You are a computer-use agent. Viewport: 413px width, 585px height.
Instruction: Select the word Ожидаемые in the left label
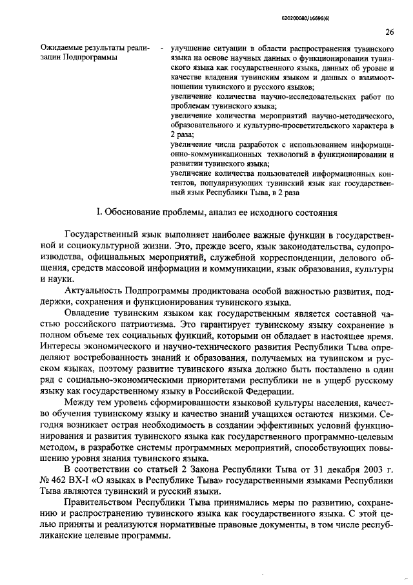62,48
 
